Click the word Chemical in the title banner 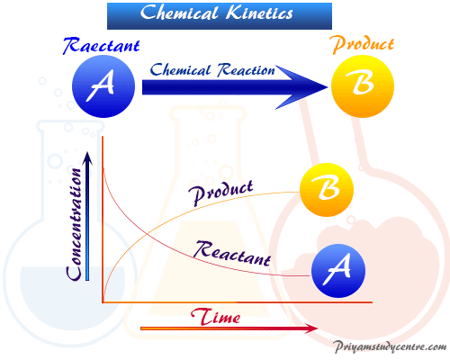click(179, 13)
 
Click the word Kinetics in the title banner click(259, 13)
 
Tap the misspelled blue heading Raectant click(102, 46)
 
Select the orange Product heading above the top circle click(363, 45)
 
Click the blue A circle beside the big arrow click(103, 86)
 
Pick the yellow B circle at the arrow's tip click(363, 86)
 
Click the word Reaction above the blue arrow click(246, 70)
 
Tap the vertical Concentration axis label click(75, 224)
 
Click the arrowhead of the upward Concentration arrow click(87, 158)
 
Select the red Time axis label click(215, 317)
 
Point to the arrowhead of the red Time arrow click(311, 328)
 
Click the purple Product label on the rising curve click(220, 193)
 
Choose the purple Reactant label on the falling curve click(232, 254)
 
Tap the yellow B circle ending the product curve click(327, 190)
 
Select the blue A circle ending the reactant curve click(338, 271)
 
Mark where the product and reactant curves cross click(146, 233)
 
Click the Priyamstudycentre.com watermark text click(390, 347)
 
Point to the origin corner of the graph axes click(103, 302)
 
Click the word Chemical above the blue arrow click(180, 70)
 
